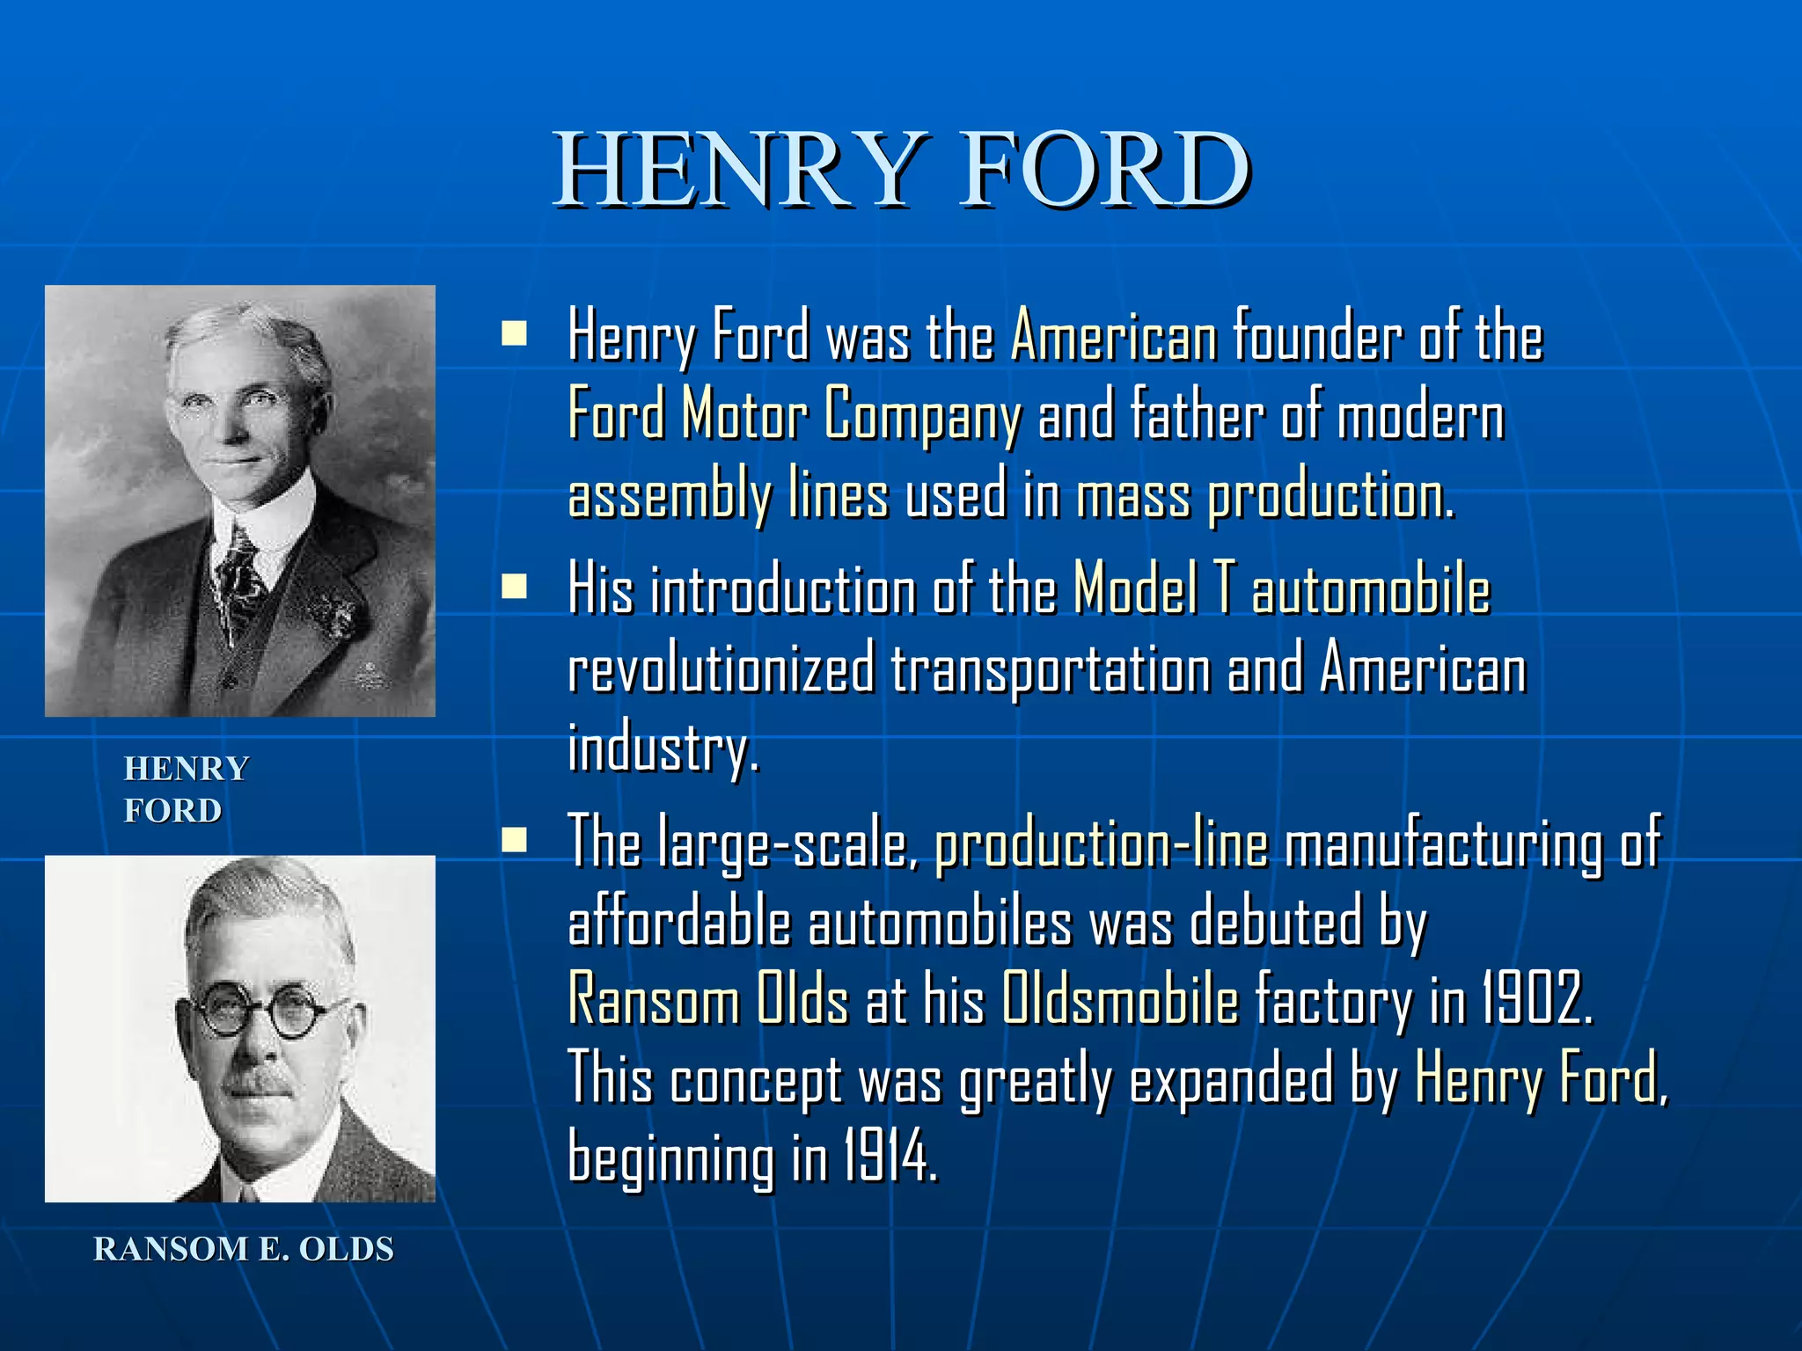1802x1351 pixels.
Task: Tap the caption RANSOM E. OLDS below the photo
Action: (x=244, y=1249)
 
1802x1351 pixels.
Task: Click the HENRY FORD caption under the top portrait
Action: (x=186, y=789)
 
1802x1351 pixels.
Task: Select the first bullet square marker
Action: (x=514, y=334)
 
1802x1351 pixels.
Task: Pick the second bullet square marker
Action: (x=514, y=587)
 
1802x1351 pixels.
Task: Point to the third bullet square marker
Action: (x=514, y=841)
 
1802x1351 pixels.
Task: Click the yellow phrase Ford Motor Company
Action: (x=795, y=413)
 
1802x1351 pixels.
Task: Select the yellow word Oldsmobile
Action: (x=1120, y=999)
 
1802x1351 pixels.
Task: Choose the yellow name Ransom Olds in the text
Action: (x=708, y=999)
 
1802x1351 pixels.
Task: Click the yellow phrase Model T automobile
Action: (x=1282, y=589)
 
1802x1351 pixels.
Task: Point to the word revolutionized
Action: (x=722, y=669)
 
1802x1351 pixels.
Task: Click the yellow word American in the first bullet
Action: (x=1114, y=336)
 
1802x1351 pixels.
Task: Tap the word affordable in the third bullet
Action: (x=679, y=924)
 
